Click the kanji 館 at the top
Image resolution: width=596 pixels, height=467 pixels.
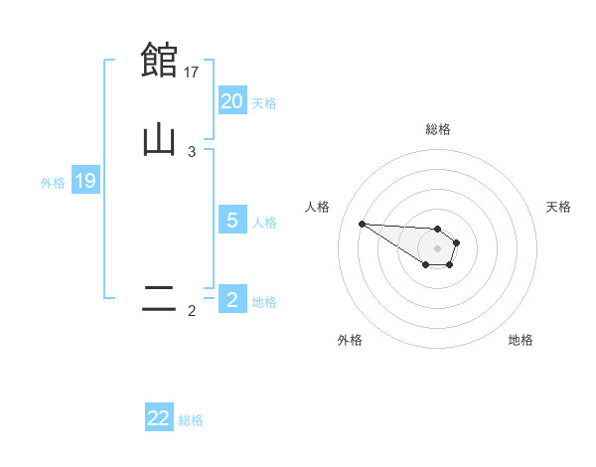tap(159, 60)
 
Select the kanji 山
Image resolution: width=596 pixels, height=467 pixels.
tap(159, 140)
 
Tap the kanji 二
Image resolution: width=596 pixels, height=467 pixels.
tap(159, 299)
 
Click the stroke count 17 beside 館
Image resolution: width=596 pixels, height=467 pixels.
tap(193, 72)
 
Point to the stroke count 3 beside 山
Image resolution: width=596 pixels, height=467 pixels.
tap(192, 152)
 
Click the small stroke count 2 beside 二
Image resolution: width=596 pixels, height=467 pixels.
tap(192, 311)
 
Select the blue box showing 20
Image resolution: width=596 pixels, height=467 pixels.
tap(232, 101)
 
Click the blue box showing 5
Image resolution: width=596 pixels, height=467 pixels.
tap(232, 221)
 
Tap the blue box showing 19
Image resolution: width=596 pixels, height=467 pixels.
tap(85, 181)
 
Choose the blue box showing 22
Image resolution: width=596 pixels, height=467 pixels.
tap(159, 418)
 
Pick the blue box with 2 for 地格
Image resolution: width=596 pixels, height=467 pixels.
tap(232, 300)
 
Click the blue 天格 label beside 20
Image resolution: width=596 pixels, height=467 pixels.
tap(264, 102)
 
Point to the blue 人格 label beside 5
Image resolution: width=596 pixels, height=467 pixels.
tap(264, 222)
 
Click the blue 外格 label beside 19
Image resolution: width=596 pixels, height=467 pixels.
tap(53, 182)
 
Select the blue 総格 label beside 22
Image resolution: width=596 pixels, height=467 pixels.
tap(191, 419)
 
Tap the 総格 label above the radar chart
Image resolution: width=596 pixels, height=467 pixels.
tap(437, 129)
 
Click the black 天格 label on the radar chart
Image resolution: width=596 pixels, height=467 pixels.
tap(558, 207)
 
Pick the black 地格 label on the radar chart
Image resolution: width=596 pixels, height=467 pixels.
tap(521, 340)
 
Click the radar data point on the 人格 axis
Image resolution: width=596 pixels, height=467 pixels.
tap(362, 224)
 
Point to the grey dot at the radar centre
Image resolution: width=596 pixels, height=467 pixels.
tap(437, 247)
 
